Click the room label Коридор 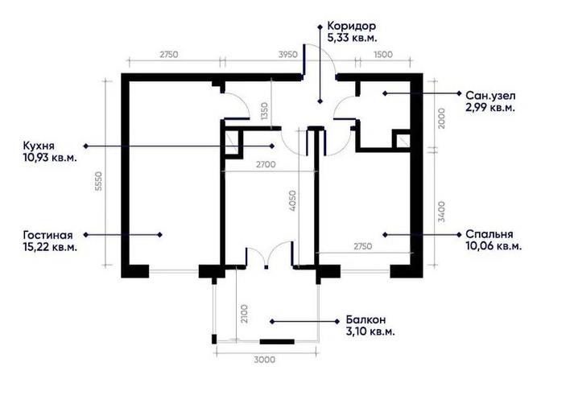[x=352, y=27]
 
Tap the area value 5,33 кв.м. [x=352, y=38]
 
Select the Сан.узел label [x=490, y=96]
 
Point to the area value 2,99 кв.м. [x=490, y=108]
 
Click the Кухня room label [x=39, y=146]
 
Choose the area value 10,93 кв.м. [x=50, y=158]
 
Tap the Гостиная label [x=48, y=235]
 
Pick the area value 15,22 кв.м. [x=50, y=247]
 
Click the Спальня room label [x=489, y=234]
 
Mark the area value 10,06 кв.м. [x=493, y=246]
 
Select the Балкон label [x=365, y=319]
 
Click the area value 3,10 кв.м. [x=370, y=332]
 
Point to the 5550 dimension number [x=98, y=181]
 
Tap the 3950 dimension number [x=288, y=55]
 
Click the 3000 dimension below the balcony [x=265, y=360]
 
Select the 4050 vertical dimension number [x=292, y=201]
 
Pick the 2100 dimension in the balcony [x=244, y=314]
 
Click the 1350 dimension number [x=264, y=111]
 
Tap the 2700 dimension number [x=266, y=165]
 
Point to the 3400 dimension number [x=441, y=212]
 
